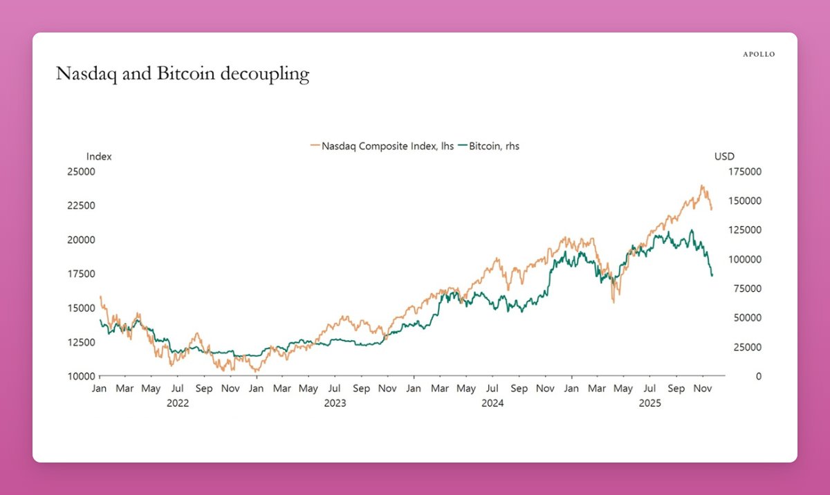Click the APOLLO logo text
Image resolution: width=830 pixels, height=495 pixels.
(x=759, y=54)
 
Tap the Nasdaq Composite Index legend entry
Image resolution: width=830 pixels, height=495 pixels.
(x=382, y=146)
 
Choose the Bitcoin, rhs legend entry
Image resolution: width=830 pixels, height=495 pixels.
(x=493, y=146)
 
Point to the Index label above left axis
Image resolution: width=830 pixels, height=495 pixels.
(x=99, y=157)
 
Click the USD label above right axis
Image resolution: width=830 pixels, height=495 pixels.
(x=724, y=157)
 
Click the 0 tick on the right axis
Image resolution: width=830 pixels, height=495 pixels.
(x=720, y=376)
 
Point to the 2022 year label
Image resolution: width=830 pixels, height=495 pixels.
(x=178, y=402)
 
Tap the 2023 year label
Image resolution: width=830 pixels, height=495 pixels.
(x=335, y=402)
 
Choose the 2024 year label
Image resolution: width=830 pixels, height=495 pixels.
(x=492, y=402)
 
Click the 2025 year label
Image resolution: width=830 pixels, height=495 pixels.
(x=650, y=402)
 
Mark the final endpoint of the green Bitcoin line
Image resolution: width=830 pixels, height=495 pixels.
(x=712, y=275)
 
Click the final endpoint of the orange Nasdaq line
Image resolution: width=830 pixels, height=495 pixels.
(x=712, y=209)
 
